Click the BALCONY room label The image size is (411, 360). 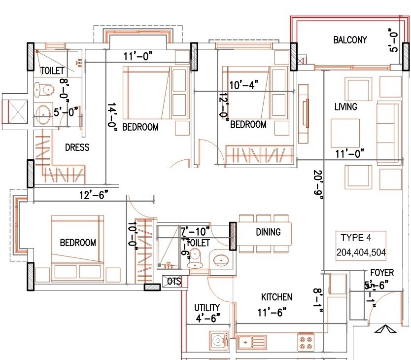click(x=350, y=40)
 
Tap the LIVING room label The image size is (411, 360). click(x=345, y=107)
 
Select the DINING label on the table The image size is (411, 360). click(x=268, y=232)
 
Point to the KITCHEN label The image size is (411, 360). click(x=276, y=297)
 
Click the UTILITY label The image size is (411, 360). click(x=206, y=307)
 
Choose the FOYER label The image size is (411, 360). click(x=382, y=273)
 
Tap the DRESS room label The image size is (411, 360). click(x=77, y=147)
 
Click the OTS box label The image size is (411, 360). click(x=174, y=282)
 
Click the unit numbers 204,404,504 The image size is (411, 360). click(x=361, y=253)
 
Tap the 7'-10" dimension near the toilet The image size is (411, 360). click(x=195, y=230)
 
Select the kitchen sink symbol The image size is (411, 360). click(x=252, y=341)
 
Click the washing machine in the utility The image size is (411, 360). click(x=217, y=341)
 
